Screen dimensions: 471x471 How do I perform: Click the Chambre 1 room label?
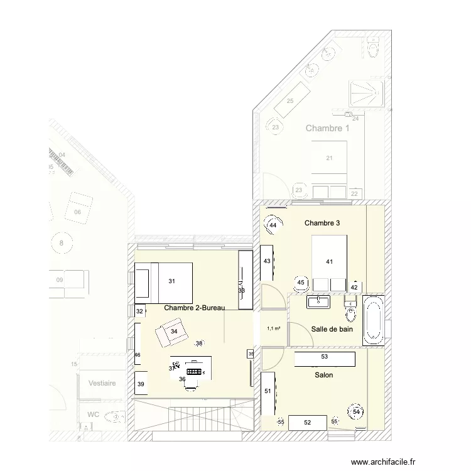(327, 128)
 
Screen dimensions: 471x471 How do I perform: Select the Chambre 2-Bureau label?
(194, 308)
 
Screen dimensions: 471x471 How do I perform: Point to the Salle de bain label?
(332, 329)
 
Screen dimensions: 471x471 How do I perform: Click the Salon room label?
(324, 375)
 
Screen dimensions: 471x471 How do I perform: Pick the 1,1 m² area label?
(274, 328)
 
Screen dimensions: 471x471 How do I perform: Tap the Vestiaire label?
(102, 382)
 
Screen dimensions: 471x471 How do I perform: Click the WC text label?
(93, 414)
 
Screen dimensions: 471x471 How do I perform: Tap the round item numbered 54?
(357, 411)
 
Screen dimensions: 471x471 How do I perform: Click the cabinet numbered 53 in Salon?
(324, 357)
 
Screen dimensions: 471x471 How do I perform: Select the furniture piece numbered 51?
(268, 392)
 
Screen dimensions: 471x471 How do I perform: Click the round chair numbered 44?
(273, 225)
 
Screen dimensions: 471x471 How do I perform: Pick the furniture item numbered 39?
(141, 384)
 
